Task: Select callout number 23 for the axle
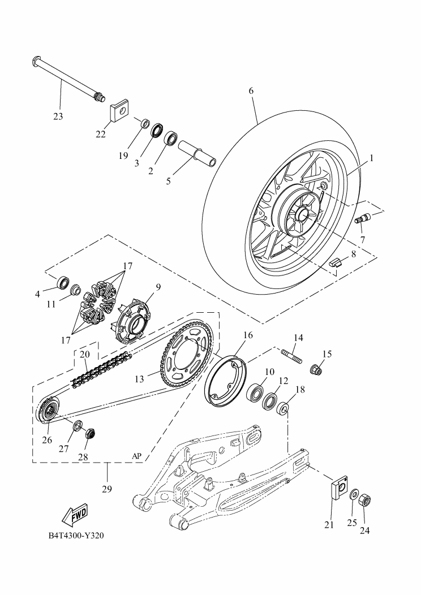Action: click(58, 117)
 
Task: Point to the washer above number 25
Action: click(354, 495)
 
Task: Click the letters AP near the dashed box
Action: click(136, 455)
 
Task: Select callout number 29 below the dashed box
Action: click(107, 488)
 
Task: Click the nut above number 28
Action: click(89, 434)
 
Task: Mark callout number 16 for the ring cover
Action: click(248, 335)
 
